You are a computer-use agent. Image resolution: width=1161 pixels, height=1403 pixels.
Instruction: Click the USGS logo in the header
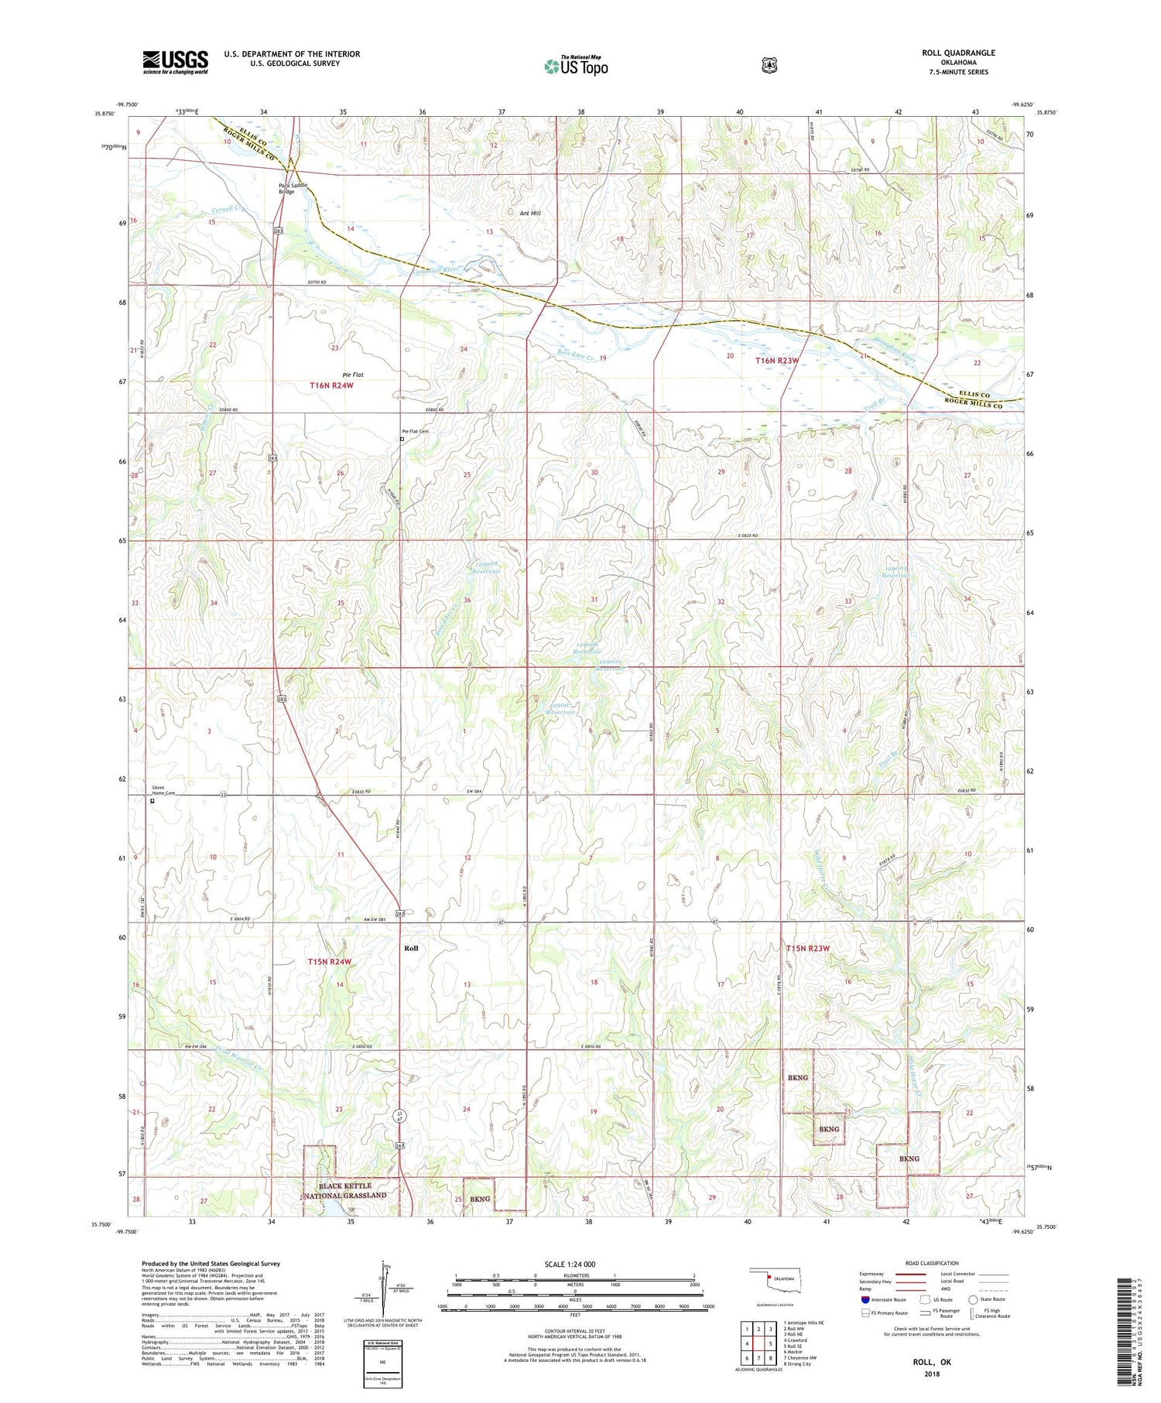pos(175,62)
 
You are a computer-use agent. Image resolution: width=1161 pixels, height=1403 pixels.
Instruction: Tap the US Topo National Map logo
pos(576,65)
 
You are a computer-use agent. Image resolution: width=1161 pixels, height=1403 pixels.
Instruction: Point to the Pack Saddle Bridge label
pos(293,188)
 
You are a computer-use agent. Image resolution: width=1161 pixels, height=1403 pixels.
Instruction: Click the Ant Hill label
pos(530,213)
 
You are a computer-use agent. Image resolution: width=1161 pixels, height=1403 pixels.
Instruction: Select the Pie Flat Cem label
pos(415,432)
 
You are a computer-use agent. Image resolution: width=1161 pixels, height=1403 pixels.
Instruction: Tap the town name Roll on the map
pos(411,948)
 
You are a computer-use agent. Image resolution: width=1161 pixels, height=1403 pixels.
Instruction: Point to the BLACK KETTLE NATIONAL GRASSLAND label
pos(345,1190)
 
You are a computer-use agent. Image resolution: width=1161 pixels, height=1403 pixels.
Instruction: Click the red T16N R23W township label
pos(776,361)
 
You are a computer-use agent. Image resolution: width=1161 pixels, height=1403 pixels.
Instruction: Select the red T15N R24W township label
pos(330,962)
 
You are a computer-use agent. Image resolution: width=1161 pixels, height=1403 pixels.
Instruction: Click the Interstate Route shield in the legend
pos(865,1299)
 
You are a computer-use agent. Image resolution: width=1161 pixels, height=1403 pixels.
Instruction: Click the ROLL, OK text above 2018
pos(931,1362)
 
